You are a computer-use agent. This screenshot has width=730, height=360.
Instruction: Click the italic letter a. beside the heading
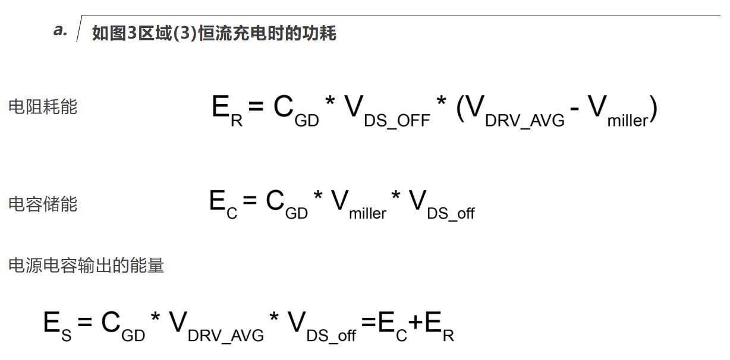click(x=60, y=30)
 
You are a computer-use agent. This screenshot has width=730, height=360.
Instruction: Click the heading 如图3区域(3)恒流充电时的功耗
click(x=214, y=33)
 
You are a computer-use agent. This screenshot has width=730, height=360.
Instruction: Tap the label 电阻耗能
click(x=43, y=107)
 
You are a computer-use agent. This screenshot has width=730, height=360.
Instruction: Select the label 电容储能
click(x=43, y=204)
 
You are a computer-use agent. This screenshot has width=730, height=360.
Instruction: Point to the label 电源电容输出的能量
click(x=86, y=265)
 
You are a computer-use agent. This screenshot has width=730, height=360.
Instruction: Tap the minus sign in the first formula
click(x=575, y=109)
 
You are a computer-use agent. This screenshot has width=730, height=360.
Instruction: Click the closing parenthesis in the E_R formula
click(x=653, y=109)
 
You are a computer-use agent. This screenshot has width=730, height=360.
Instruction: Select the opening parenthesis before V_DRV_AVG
click(x=460, y=109)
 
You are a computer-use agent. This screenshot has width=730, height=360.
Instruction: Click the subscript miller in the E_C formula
click(x=367, y=214)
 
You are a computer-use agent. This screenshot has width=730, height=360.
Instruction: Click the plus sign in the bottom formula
click(x=416, y=322)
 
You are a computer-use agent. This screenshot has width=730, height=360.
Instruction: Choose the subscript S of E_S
click(x=66, y=336)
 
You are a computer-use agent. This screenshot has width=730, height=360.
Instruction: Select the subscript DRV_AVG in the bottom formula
click(x=226, y=336)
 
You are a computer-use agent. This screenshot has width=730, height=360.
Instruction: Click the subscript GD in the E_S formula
click(x=133, y=336)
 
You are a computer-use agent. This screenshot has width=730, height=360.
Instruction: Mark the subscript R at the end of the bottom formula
click(x=448, y=336)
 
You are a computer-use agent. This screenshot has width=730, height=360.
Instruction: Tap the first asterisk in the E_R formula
click(x=330, y=100)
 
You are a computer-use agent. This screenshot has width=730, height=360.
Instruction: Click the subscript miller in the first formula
click(x=628, y=121)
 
